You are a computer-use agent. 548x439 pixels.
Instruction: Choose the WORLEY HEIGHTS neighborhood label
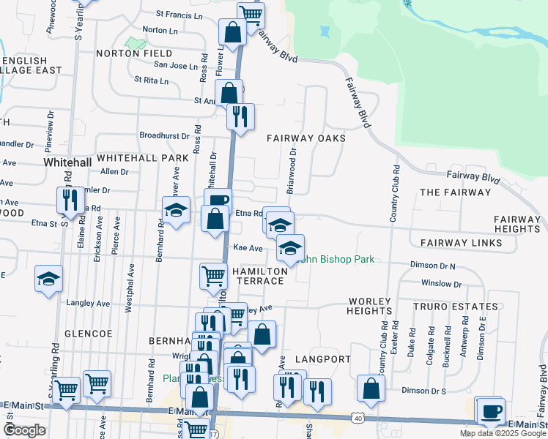point(374,307)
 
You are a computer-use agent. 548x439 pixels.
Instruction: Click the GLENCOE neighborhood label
point(87,333)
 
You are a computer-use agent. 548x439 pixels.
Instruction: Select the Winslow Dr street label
point(442,284)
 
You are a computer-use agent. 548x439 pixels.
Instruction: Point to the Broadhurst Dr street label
point(165,135)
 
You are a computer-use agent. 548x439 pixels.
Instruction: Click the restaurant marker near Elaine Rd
point(70,200)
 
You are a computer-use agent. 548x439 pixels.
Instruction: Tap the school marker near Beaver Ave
point(175,210)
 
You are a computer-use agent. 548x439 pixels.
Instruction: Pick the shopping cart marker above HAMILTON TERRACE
point(213,275)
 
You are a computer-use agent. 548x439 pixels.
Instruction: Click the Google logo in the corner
point(24,430)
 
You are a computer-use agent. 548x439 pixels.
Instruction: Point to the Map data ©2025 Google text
point(503,433)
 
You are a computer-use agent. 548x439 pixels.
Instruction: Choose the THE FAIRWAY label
point(454,192)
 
